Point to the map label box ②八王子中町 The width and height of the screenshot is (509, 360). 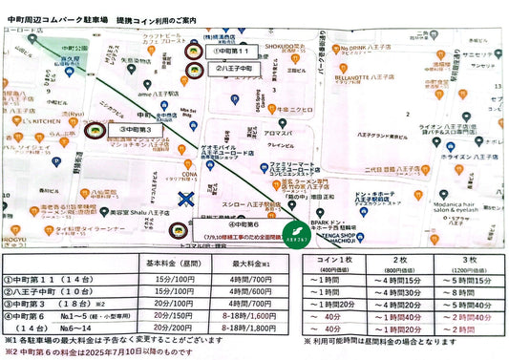pos(232,70)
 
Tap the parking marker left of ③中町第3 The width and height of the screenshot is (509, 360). pos(95,129)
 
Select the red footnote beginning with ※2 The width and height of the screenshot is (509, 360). pos(100,351)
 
